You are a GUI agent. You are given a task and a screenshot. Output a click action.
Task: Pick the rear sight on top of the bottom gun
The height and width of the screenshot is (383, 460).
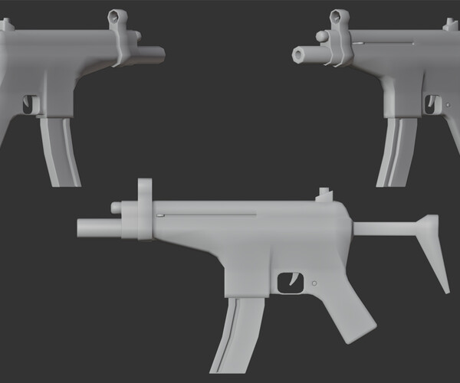click(325, 194)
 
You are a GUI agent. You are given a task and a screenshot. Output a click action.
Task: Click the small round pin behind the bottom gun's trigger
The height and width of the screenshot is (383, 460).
click(314, 284)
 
